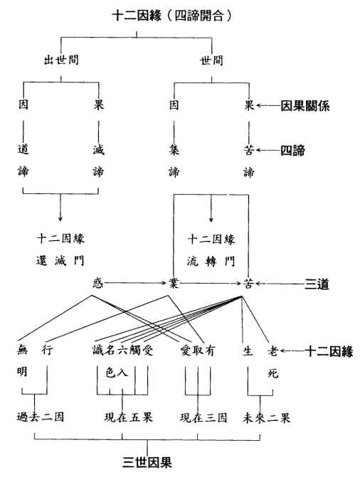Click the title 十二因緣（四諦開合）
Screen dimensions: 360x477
tap(171, 16)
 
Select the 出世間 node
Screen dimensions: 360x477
tap(61, 59)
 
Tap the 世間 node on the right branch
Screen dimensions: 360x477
tap(211, 60)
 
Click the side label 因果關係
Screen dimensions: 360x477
tap(305, 106)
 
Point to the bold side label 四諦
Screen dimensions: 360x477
tap(292, 150)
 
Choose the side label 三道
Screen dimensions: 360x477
tap(317, 284)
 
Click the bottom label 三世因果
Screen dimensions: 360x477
tap(147, 462)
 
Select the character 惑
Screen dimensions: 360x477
tap(98, 283)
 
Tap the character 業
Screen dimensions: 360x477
tap(174, 284)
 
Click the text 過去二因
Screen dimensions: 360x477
tap(41, 417)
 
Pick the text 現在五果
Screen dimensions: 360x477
tap(128, 417)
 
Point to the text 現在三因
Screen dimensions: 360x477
tap(203, 417)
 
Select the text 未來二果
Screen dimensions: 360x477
tap(267, 418)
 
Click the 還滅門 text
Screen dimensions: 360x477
tap(60, 261)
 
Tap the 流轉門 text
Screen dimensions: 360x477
tap(211, 261)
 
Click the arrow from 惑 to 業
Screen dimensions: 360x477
tap(135, 283)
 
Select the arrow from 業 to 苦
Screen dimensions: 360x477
tap(211, 284)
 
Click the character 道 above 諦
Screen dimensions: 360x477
tap(23, 150)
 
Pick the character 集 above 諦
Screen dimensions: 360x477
tap(174, 150)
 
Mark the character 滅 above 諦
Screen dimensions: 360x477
tap(98, 150)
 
